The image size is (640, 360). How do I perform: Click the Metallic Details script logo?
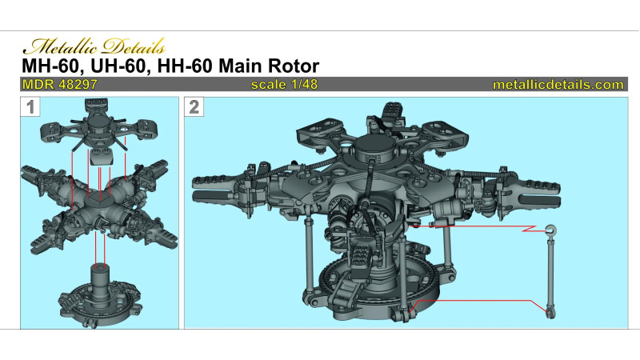(94, 46)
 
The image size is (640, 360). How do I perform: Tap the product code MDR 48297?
(60, 85)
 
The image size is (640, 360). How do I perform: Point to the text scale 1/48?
(284, 85)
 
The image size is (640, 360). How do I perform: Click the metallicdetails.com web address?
(558, 85)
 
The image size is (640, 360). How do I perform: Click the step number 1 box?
(30, 107)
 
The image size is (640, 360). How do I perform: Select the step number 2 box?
(194, 107)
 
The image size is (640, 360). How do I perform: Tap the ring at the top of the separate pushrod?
(550, 230)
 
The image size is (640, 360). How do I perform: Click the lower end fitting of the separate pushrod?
(550, 312)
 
